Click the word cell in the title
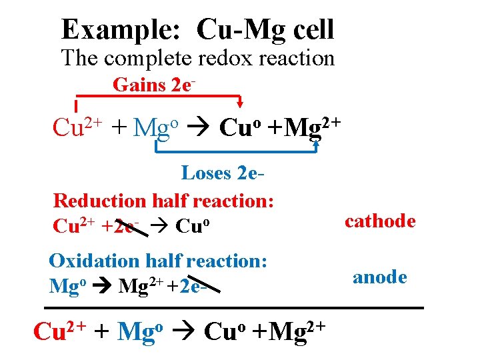(x=308, y=30)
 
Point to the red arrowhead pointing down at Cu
(x=241, y=102)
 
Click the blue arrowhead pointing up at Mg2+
(x=315, y=142)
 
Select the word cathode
(x=380, y=221)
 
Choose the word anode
(x=379, y=277)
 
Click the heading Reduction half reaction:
(x=164, y=200)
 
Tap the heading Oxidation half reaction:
(x=158, y=260)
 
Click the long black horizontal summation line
(x=233, y=308)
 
